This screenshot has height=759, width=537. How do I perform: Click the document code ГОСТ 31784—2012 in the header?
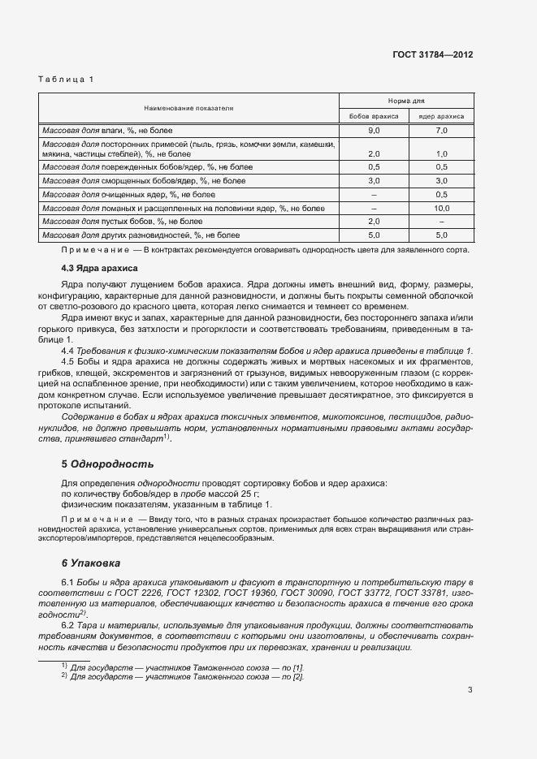click(x=434, y=54)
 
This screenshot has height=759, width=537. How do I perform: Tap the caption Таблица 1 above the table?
click(x=67, y=79)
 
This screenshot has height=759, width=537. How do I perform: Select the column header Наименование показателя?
click(x=188, y=107)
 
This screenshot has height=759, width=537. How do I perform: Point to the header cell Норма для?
click(x=406, y=101)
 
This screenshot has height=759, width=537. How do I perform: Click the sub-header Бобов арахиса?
click(x=374, y=116)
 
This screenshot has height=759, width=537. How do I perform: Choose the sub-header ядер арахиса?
click(x=441, y=116)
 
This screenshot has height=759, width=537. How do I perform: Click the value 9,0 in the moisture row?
click(x=375, y=130)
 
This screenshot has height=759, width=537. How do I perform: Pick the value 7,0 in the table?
click(x=442, y=130)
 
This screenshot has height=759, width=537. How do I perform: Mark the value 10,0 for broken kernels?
click(x=442, y=209)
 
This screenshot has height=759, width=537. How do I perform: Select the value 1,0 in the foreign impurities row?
click(x=442, y=153)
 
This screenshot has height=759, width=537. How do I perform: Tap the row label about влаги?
click(x=114, y=130)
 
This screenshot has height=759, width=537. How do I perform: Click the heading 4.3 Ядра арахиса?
click(x=100, y=268)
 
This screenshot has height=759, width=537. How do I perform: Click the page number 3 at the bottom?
click(x=470, y=691)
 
